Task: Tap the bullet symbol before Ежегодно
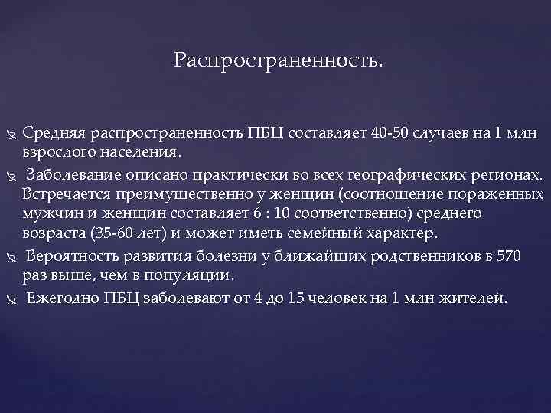(x=10, y=298)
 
